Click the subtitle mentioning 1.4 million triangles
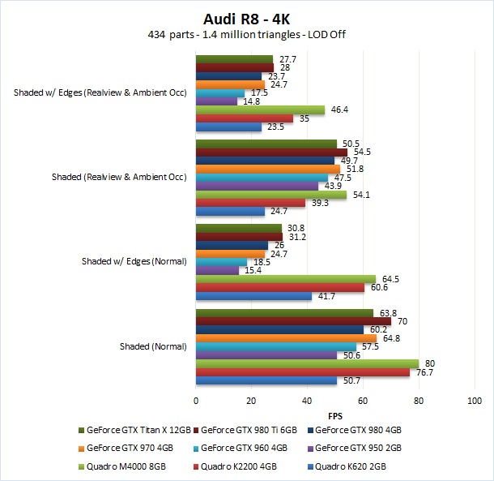[x=247, y=35]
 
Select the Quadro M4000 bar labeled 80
[x=307, y=363]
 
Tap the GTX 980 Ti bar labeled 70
[x=293, y=320]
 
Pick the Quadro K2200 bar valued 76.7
[x=302, y=371]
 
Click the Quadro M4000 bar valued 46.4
[x=260, y=110]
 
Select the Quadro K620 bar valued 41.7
[x=253, y=296]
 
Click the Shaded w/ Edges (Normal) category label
[x=134, y=261]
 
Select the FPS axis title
[x=335, y=414]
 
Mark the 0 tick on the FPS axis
[x=196, y=401]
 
